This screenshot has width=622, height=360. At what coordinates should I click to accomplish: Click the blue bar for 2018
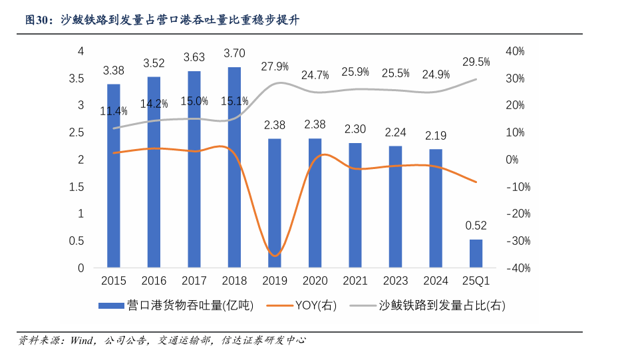click(x=234, y=167)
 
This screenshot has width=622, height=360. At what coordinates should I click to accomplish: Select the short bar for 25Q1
click(x=476, y=254)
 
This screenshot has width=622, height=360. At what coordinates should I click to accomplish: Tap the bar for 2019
click(x=275, y=203)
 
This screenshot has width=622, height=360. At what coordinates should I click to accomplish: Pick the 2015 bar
click(x=114, y=176)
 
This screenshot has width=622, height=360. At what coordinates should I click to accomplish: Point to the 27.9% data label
click(x=275, y=66)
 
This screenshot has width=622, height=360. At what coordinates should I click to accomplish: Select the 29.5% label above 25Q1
click(x=476, y=62)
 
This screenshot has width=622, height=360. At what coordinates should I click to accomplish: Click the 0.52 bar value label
click(x=476, y=225)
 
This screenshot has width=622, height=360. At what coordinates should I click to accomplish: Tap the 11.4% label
click(x=114, y=111)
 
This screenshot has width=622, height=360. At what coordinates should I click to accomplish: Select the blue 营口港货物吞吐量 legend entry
click(x=176, y=305)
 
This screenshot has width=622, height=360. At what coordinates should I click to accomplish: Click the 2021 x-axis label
click(x=355, y=281)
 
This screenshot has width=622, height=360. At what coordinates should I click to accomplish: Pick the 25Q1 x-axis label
click(x=476, y=281)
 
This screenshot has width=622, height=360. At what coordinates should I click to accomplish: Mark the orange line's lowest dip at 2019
click(x=275, y=256)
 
